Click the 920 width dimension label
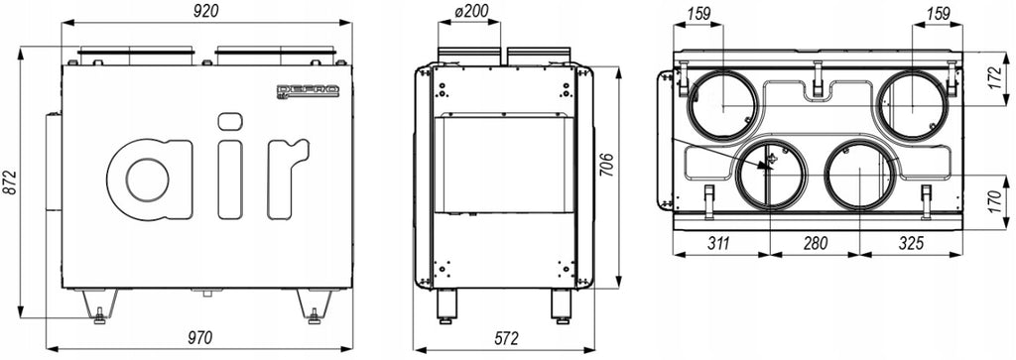pos(206,11)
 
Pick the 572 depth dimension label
pos(506,338)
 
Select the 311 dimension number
pos(718,243)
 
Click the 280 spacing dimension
pos(816,243)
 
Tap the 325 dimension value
pos(912,243)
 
